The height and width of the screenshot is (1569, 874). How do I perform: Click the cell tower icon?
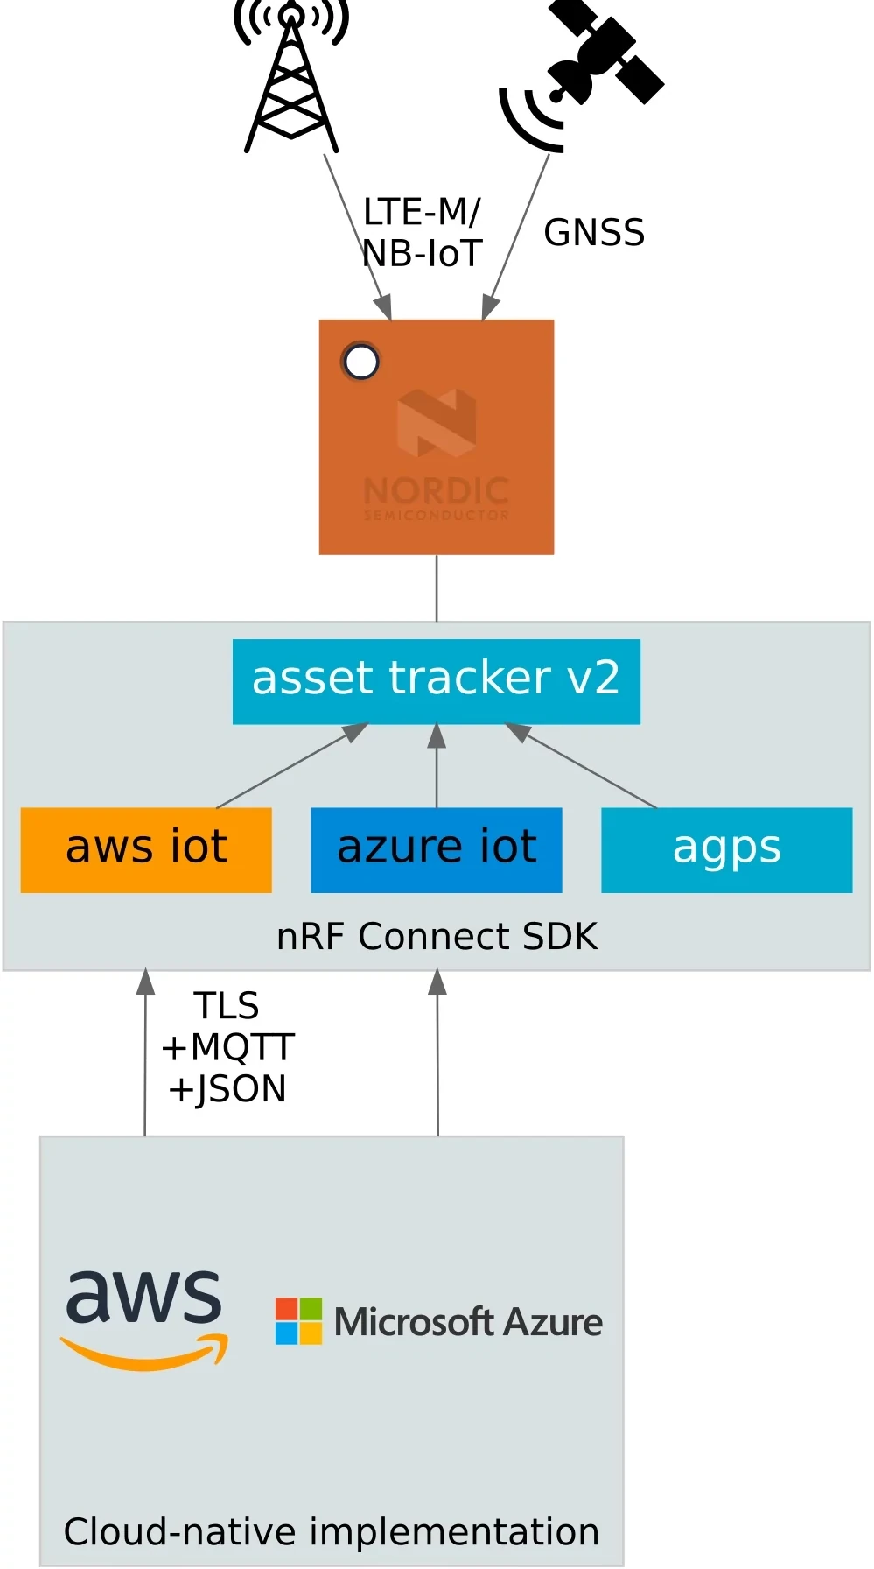291,79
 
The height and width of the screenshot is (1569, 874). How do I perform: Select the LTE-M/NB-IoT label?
422,233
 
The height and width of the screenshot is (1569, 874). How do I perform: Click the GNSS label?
594,233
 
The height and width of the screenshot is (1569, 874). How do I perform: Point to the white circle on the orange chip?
361,362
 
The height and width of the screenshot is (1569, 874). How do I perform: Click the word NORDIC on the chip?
436,490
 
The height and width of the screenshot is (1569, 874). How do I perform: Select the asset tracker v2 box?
436,680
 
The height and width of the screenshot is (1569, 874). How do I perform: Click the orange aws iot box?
146,849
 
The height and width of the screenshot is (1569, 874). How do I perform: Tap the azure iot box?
436,849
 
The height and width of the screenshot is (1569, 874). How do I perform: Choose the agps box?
726,849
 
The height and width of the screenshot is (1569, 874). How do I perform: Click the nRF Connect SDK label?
436,936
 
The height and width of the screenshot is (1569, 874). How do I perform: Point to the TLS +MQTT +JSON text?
227,1047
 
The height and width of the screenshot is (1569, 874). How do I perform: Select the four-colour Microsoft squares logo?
298,1320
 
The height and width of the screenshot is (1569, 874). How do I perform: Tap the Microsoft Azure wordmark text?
468,1322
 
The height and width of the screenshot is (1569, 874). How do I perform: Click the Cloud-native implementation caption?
331,1532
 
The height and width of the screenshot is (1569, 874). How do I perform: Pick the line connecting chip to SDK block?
437,587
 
